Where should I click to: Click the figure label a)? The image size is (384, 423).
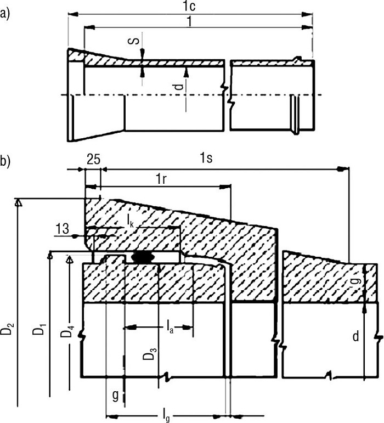pos(5,14)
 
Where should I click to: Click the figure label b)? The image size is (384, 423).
pos(5,161)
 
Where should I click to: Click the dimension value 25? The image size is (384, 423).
pos(93,160)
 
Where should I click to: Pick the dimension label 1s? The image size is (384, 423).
pos(206,158)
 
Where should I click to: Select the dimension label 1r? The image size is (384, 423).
pos(161,179)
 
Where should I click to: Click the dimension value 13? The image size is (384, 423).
pos(63,229)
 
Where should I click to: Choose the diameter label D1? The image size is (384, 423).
pos(39,326)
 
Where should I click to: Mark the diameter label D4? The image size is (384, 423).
pos(66,331)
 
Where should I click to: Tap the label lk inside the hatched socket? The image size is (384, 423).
pos(130,222)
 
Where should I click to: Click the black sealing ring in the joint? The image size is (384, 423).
pos(143,257)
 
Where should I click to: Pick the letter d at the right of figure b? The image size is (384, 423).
pos(356,337)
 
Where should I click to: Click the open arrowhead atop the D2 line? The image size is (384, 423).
pos(18,203)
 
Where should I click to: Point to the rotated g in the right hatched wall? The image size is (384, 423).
pos(357,280)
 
